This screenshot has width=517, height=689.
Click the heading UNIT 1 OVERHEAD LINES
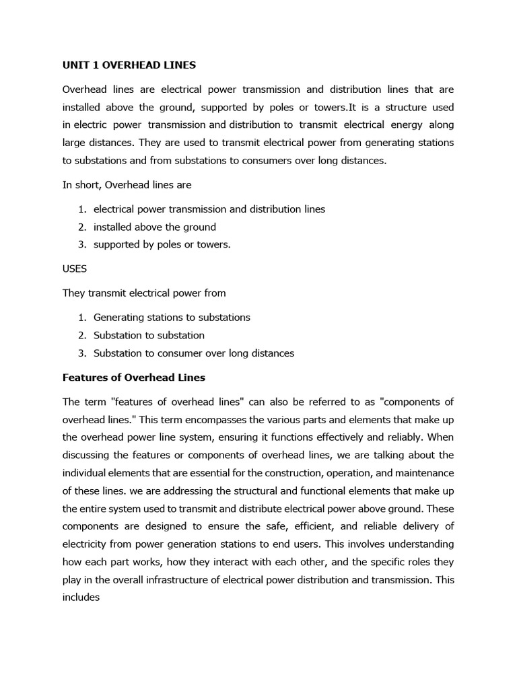(x=129, y=65)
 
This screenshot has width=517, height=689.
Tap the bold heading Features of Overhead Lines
(x=133, y=377)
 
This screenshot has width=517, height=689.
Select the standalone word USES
(x=75, y=268)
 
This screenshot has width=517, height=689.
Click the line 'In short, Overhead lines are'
(x=127, y=185)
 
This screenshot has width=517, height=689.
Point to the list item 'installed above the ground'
(x=154, y=227)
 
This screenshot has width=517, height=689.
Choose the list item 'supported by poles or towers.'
(x=162, y=244)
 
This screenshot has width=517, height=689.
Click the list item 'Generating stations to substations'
(x=172, y=317)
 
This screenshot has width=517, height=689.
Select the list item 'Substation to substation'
(x=149, y=335)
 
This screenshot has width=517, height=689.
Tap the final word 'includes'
(x=81, y=577)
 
